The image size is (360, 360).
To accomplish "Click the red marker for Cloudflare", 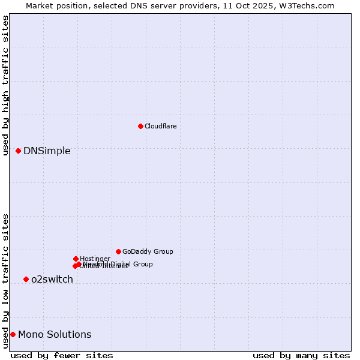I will pyautogui.click(x=140, y=126).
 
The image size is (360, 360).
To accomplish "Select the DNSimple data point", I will pyautogui.click(x=19, y=151).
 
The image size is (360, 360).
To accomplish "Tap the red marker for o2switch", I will pyautogui.click(x=26, y=279).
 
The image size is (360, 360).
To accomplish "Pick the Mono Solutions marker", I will pyautogui.click(x=13, y=334).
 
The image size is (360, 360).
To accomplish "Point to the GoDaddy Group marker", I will pyautogui.click(x=118, y=251).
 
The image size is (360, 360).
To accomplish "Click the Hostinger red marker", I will pyautogui.click(x=76, y=259).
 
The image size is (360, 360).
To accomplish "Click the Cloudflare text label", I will pyautogui.click(x=160, y=126).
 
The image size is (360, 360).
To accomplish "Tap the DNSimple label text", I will pyautogui.click(x=47, y=151).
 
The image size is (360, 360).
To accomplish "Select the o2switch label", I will pyautogui.click(x=52, y=279).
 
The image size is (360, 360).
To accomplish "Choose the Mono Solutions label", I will pyautogui.click(x=55, y=334).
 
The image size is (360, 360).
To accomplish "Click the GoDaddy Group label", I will pyautogui.click(x=148, y=251).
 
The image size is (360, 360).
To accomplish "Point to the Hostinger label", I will pyautogui.click(x=95, y=259).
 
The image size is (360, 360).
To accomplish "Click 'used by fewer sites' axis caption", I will pyautogui.click(x=62, y=355).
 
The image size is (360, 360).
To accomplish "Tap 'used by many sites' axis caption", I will pyautogui.click(x=301, y=355).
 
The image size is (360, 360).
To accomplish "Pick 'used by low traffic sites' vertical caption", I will pyautogui.click(x=6, y=280).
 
